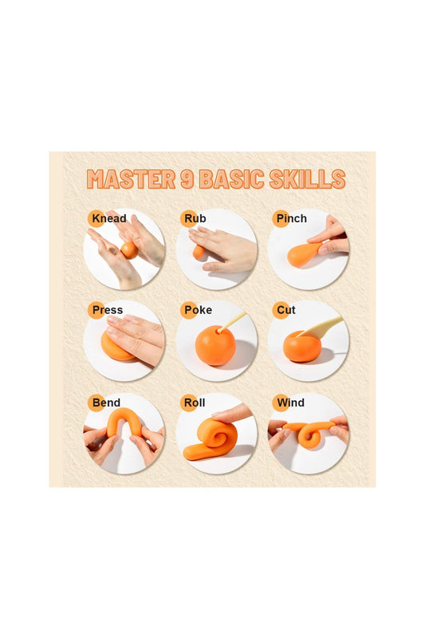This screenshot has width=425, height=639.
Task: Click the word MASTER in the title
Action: [131, 179]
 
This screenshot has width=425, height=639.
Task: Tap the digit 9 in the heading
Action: [187, 179]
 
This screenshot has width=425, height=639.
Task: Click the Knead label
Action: [109, 218]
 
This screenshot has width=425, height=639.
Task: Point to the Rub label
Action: [195, 218]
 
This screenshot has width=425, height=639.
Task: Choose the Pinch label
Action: [292, 219]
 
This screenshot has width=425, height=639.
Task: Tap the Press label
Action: [108, 310]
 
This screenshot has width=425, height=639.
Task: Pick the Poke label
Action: [198, 310]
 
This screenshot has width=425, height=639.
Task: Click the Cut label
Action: [286, 310]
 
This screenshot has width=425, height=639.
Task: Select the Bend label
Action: [107, 403]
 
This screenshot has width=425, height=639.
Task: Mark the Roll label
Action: [195, 403]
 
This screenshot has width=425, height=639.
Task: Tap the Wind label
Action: [290, 403]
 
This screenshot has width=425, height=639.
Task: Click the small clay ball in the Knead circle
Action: [129, 250]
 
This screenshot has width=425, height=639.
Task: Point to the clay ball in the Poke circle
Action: [215, 345]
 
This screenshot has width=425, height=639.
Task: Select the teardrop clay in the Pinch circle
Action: [303, 254]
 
